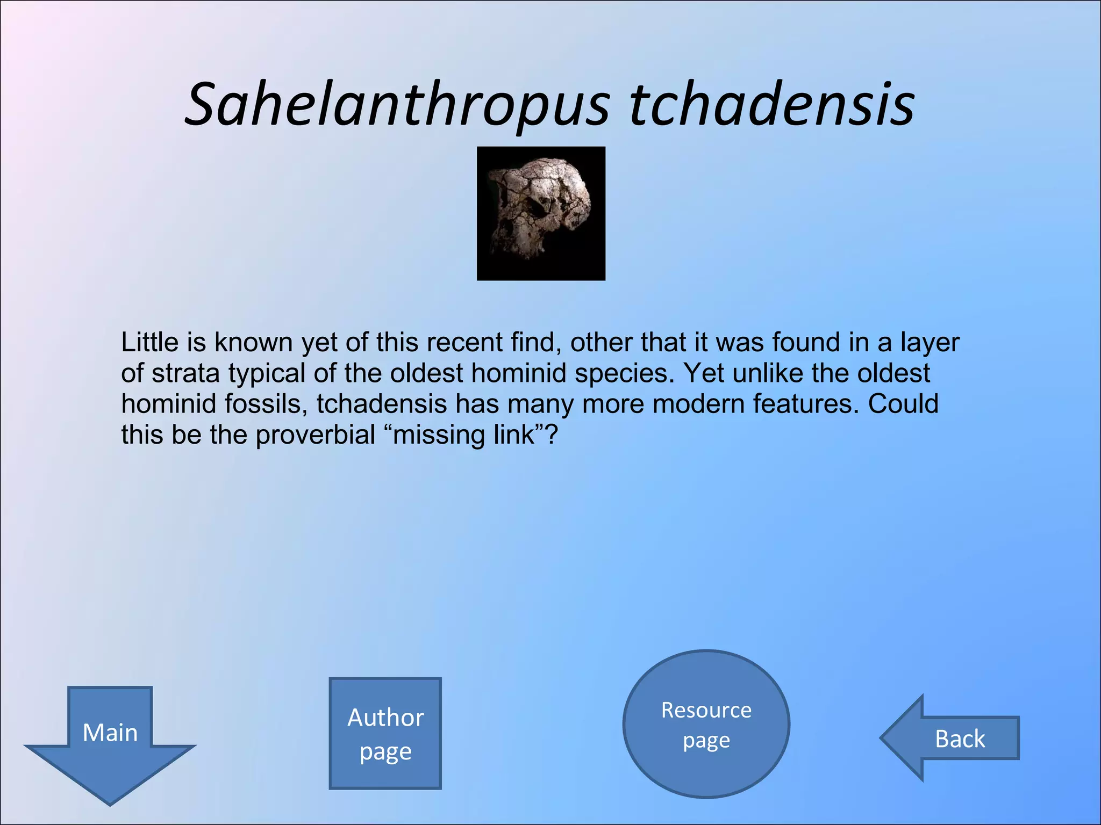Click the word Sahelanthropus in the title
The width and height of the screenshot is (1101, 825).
tap(398, 105)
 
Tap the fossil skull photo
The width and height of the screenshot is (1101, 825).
tap(541, 213)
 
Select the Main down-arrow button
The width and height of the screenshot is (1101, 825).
tap(110, 739)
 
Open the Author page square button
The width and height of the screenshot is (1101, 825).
tap(385, 733)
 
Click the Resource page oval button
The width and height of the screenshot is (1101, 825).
tap(706, 724)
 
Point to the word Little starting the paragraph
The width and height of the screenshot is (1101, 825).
tap(149, 342)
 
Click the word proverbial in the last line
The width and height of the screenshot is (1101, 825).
tap(315, 435)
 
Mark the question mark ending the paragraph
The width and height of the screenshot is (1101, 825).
tap(552, 434)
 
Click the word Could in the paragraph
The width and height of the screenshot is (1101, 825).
tap(903, 404)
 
